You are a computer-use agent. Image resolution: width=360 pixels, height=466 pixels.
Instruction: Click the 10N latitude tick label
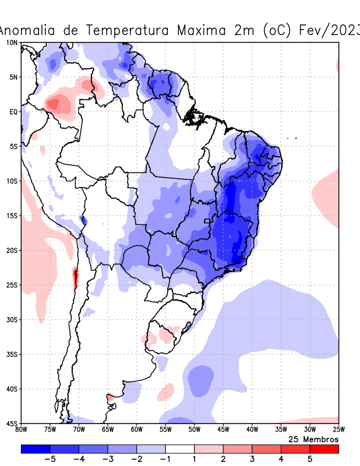coord(12,43)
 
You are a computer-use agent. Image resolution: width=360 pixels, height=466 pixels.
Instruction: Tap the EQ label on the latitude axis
coord(13,111)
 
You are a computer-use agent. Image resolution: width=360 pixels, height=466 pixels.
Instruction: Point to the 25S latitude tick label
coord(12,285)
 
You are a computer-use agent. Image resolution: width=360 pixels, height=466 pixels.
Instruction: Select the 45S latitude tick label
coord(12,423)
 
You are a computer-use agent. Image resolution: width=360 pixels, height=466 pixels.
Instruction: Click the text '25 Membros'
coord(313,439)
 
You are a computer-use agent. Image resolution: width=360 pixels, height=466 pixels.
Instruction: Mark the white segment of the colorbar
coord(179,449)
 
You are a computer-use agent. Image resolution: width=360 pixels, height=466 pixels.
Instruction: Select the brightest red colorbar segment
coord(324,449)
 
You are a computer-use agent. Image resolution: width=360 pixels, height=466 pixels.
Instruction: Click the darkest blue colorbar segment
coord(35,449)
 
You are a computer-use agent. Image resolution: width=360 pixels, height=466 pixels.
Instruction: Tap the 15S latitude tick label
coord(12,216)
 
